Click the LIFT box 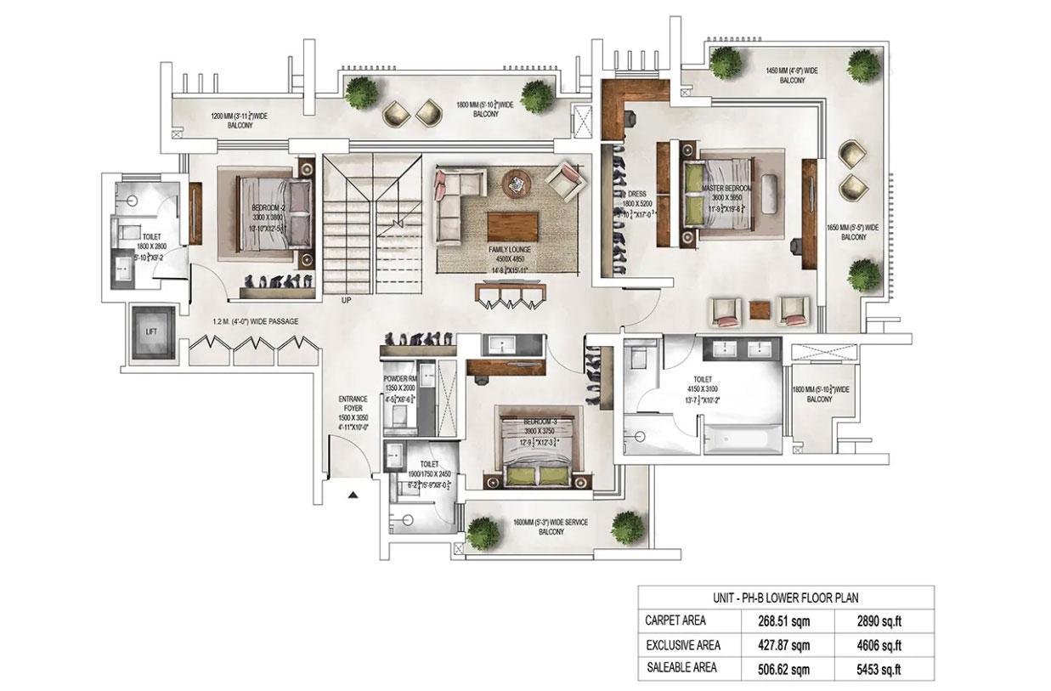pyautogui.click(x=152, y=332)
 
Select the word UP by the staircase pyautogui.click(x=346, y=299)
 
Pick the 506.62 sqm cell pyautogui.click(x=783, y=668)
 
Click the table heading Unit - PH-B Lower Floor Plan pyautogui.click(x=785, y=597)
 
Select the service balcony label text pyautogui.click(x=551, y=527)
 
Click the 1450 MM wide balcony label pyautogui.click(x=792, y=74)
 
